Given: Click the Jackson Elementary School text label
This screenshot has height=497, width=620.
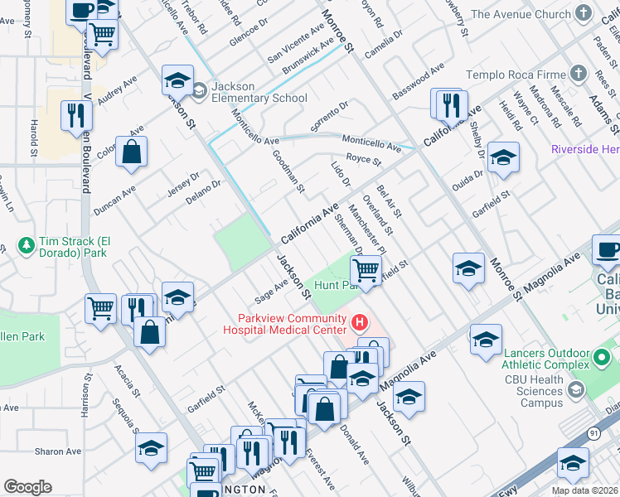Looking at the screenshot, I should (x=259, y=92).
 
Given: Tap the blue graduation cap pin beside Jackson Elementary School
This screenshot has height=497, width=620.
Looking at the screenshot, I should (x=177, y=81).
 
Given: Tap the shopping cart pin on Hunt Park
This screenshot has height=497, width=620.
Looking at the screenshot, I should (x=366, y=269).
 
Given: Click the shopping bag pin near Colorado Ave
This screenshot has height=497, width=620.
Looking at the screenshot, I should (x=131, y=152).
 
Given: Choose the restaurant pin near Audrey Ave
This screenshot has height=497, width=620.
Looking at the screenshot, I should (x=75, y=117).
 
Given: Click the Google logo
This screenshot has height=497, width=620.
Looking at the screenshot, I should (x=27, y=487).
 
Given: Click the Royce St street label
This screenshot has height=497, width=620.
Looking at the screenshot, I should (x=363, y=160).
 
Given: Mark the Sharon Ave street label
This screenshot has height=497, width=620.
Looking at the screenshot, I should (x=57, y=452).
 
